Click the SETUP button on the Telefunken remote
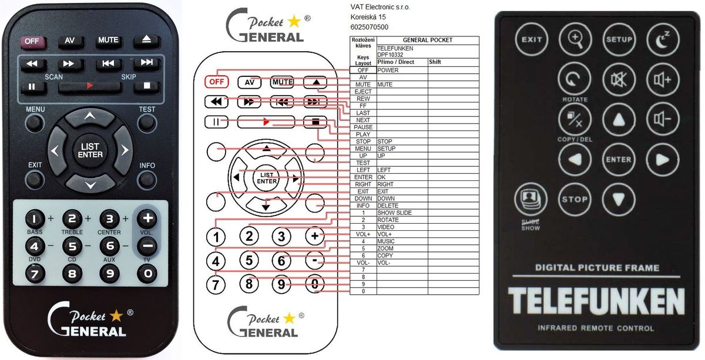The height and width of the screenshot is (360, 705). coord(619,40)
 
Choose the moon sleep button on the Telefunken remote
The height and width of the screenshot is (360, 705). coord(663,40)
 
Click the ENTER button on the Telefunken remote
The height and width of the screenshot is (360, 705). coord(619,159)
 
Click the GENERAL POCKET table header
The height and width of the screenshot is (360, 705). coord(427,40)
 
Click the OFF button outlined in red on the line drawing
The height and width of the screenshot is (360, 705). coord(216,82)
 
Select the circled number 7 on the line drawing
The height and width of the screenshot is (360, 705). coord(217,284)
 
